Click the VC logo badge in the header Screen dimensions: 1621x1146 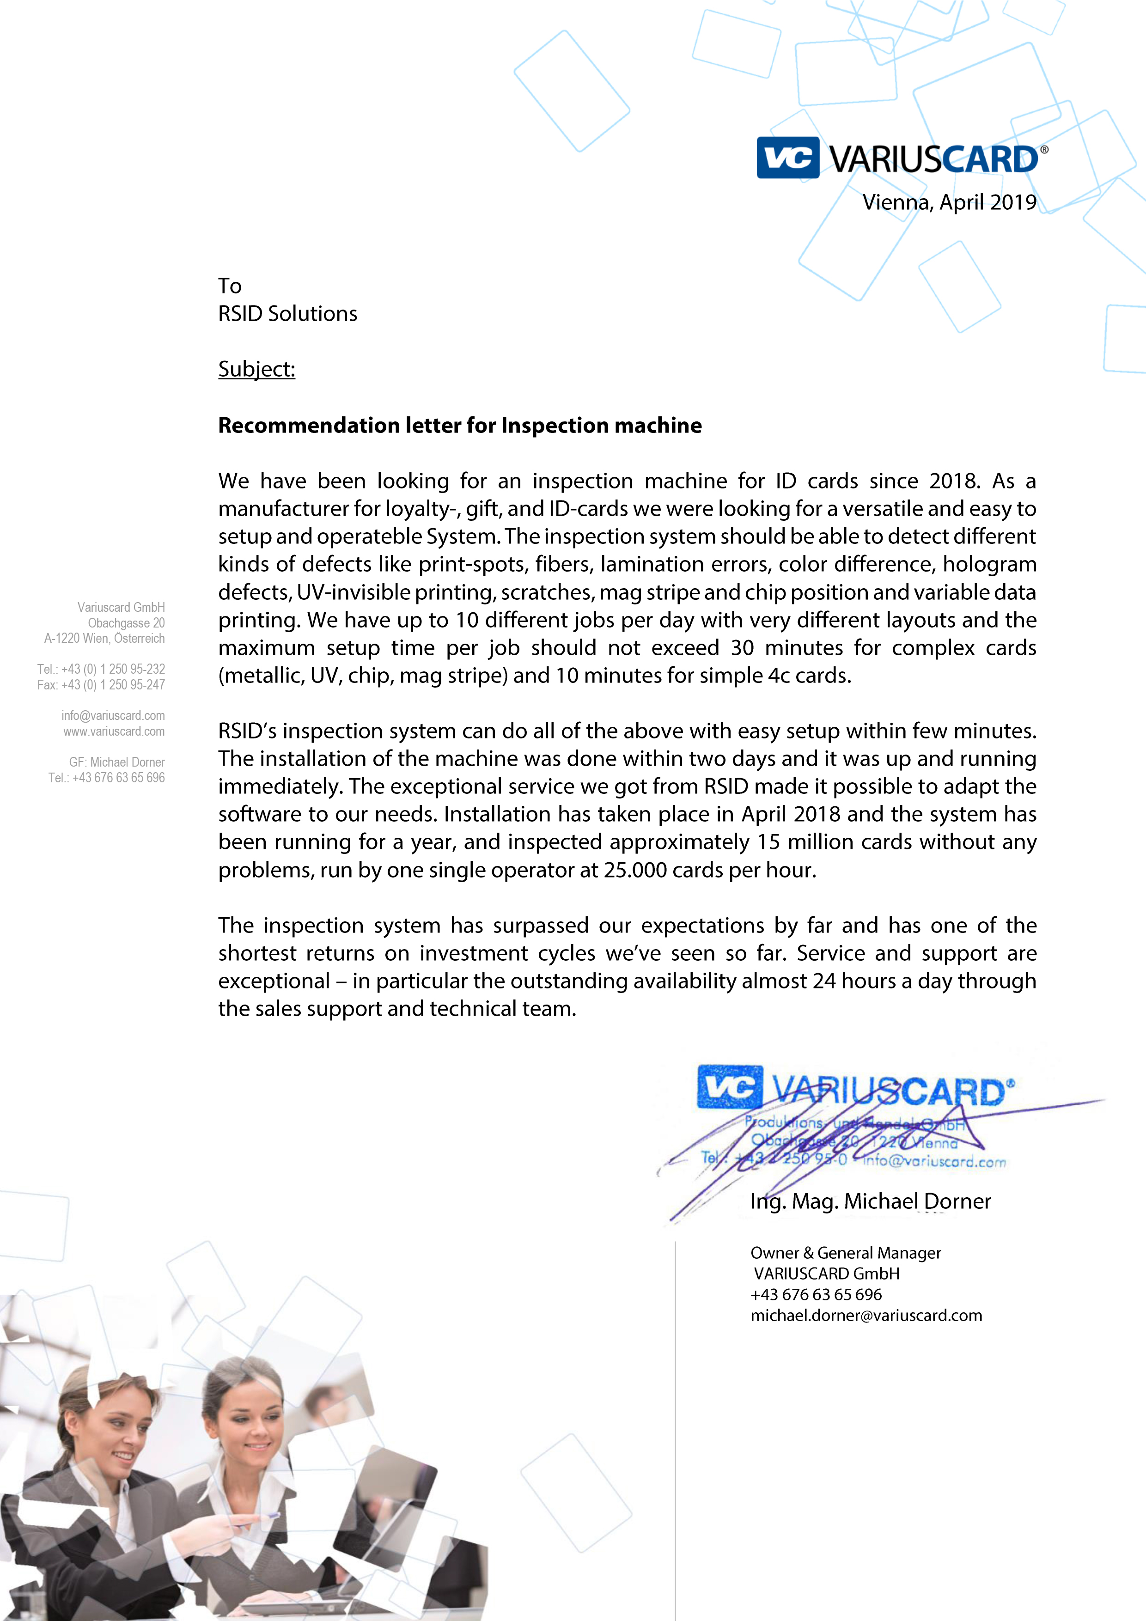[x=787, y=158]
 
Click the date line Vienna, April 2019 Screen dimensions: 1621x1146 [x=949, y=202]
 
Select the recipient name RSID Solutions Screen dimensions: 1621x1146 [x=287, y=313]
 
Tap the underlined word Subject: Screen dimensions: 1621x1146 [x=256, y=369]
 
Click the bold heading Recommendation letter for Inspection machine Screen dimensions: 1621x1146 [x=460, y=426]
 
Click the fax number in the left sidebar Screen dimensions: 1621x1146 [x=101, y=685]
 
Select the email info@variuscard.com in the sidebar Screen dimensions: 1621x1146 [x=113, y=715]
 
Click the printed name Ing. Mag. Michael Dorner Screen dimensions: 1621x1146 [x=870, y=1201]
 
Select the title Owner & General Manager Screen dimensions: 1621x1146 [x=845, y=1252]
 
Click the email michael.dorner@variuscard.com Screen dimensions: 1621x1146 [x=866, y=1315]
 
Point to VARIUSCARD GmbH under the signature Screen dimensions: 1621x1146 [x=826, y=1274]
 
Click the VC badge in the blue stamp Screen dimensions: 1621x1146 [x=729, y=1086]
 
